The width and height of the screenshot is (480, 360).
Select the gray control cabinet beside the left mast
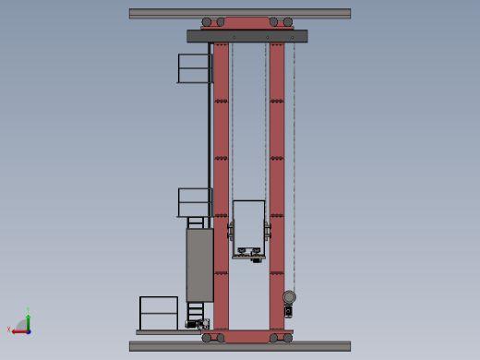[x=199, y=265]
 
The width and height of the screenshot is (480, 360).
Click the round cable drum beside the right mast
[x=289, y=297]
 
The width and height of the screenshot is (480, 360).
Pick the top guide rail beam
[x=240, y=13]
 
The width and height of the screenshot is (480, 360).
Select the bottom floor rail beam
[x=240, y=346]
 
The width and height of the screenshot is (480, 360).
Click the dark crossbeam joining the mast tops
[x=246, y=36]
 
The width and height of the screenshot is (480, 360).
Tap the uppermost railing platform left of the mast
[x=195, y=68]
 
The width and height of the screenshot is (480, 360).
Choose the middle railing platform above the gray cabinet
[x=195, y=202]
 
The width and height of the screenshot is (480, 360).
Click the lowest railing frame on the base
[x=158, y=313]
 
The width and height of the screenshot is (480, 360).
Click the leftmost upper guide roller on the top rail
[x=207, y=22]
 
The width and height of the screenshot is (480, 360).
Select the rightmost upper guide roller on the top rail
[x=288, y=22]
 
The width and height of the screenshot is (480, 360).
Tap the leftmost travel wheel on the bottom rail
[x=207, y=338]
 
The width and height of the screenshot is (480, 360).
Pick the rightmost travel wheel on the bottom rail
[x=288, y=338]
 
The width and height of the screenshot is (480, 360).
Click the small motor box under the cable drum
[x=288, y=312]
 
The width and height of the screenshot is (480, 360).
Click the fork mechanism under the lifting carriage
[x=248, y=254]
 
